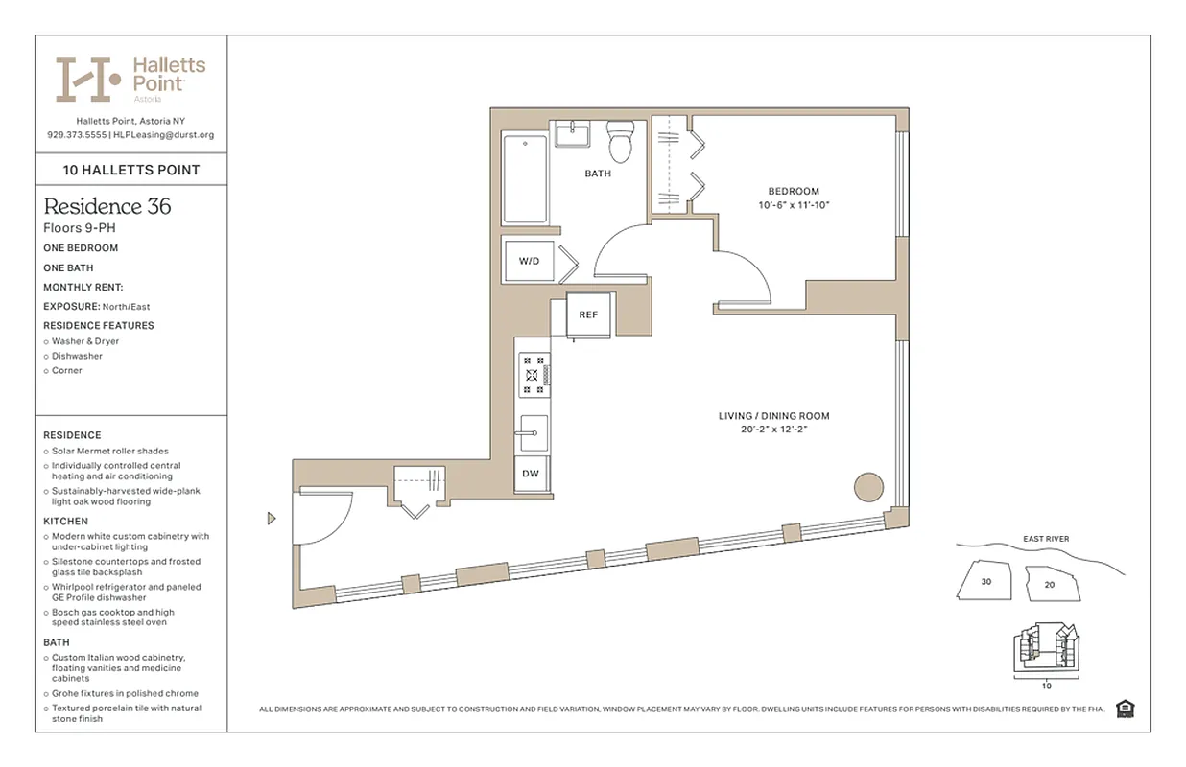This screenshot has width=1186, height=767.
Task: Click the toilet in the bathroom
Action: (621, 143)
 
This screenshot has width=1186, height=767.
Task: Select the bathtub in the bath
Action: (524, 178)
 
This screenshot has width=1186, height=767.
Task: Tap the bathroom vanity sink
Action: (575, 134)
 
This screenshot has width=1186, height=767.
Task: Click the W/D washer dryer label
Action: (530, 260)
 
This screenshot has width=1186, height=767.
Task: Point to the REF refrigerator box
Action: (588, 315)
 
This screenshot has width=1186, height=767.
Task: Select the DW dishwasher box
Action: (531, 474)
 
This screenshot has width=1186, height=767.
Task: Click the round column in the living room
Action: (869, 486)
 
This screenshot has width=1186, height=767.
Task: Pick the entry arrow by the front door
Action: (272, 519)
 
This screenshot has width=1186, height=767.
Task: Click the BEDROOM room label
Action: (794, 191)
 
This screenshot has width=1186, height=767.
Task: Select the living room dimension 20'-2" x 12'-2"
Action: (773, 430)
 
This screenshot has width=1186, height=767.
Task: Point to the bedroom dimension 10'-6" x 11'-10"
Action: (794, 205)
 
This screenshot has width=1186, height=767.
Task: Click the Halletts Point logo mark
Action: (88, 79)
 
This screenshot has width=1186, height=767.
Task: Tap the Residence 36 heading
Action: (107, 206)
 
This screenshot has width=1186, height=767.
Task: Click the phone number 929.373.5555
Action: (76, 135)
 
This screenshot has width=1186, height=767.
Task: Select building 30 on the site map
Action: (986, 581)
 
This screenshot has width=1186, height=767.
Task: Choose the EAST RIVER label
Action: (1045, 539)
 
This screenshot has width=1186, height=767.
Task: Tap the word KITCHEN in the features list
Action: (65, 522)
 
